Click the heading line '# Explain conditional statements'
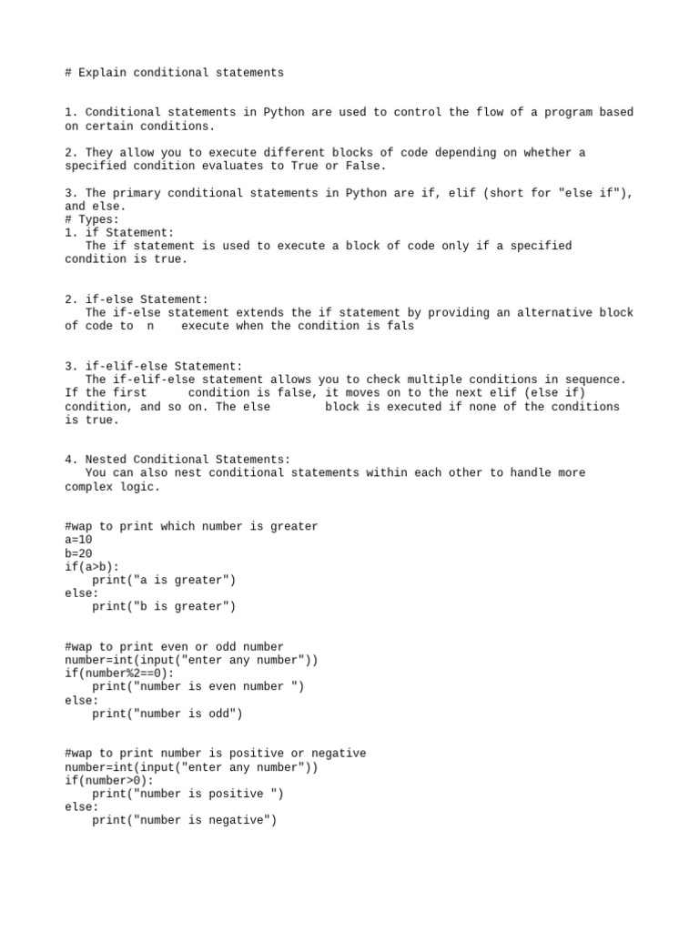pos(174,73)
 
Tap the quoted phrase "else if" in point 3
pos(591,193)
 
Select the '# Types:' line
pos(92,219)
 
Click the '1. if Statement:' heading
pos(119,233)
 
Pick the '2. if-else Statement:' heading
pos(137,299)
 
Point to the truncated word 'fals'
pos(400,326)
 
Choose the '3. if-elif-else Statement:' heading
pos(154,366)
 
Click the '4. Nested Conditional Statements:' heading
pos(177,460)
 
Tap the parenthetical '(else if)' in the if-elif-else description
pos(555,393)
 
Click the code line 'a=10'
pos(78,540)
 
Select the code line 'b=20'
pos(78,553)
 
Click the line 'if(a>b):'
pos(92,566)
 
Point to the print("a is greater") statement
pos(164,580)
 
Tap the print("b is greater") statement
pos(164,606)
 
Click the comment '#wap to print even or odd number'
pos(174,646)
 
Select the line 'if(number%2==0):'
pos(119,674)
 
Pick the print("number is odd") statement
pos(167,714)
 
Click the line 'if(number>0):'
pos(109,780)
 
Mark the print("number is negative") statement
pos(184,820)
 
